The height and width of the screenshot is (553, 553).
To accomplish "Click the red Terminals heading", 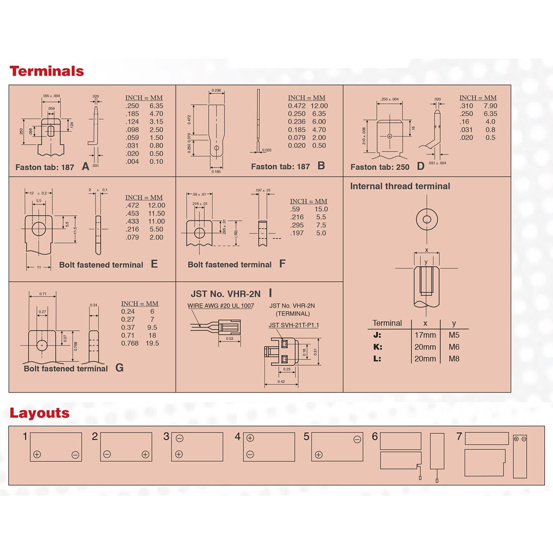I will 47,71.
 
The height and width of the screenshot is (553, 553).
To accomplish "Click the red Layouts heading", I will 40,413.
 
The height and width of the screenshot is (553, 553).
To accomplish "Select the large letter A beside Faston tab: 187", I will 85,167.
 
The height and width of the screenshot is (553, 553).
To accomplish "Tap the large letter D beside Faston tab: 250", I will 420,166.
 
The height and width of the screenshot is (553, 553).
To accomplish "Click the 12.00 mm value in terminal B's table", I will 319,106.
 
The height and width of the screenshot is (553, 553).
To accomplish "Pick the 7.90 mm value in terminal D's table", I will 490,106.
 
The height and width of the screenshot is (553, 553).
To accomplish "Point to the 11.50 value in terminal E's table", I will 156,214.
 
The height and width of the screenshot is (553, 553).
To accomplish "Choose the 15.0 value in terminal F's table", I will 321,209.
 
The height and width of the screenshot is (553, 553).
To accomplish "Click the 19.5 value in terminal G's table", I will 152,343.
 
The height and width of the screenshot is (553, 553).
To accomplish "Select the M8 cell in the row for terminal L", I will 454,359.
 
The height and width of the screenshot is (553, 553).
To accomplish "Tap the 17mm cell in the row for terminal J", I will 425,335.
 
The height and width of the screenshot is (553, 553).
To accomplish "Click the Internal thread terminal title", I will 400,186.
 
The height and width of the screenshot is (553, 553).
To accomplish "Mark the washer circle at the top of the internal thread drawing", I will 427,219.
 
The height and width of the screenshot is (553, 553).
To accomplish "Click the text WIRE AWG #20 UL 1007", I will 221,306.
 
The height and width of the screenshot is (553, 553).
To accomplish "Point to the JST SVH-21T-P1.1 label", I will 294,325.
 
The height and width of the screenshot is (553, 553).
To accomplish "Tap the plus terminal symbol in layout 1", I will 37,455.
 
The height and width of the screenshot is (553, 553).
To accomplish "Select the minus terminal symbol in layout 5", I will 357,440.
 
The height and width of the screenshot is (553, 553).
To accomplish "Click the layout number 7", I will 459,436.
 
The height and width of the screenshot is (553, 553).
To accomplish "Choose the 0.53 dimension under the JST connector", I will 229,339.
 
